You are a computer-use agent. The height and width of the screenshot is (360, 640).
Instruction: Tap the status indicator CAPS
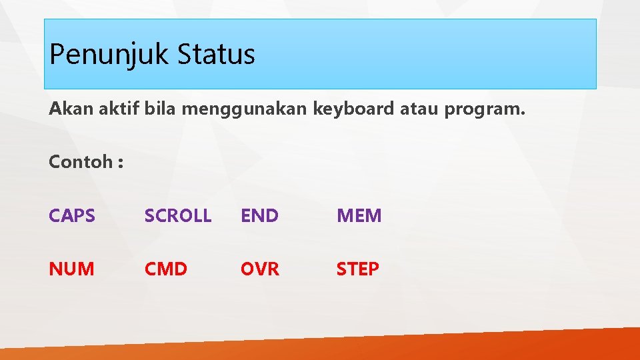coord(71,216)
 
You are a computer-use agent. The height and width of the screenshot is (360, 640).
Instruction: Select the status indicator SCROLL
coord(178,216)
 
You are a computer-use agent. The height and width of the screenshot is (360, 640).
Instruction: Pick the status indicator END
coord(259,216)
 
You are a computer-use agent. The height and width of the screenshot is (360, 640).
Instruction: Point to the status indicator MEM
coord(359,216)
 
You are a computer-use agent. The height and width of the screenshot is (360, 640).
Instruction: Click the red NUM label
coord(71,269)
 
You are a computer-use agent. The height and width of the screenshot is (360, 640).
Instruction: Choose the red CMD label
coord(166,269)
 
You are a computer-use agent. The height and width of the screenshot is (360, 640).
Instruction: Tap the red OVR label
coord(260,269)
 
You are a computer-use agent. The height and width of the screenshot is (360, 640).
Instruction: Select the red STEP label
coord(357,269)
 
